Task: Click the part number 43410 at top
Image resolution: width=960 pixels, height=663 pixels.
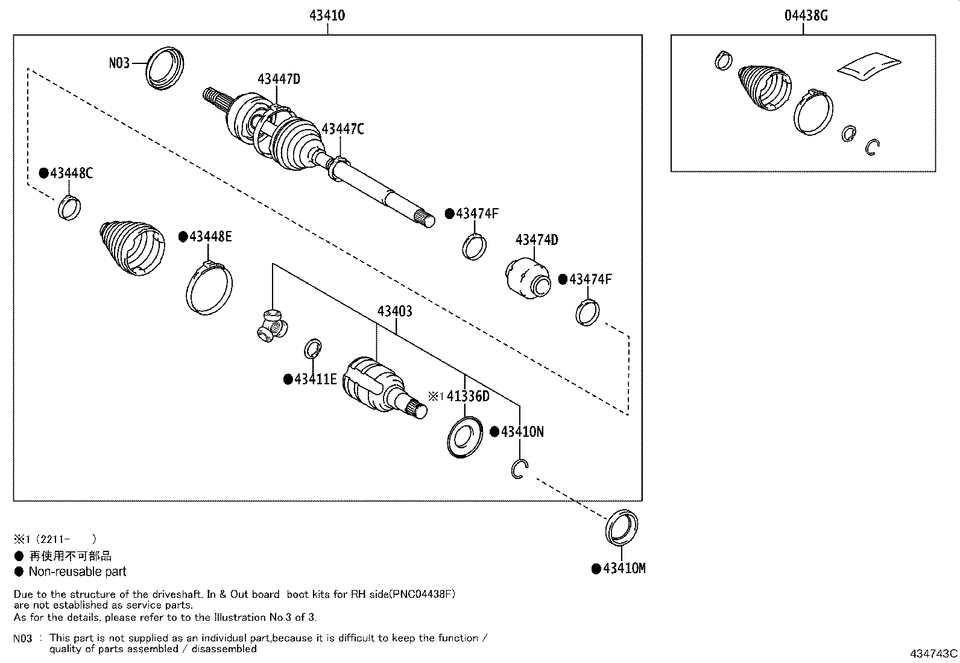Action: pyautogui.click(x=327, y=15)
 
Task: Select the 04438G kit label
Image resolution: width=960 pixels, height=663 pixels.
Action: pyautogui.click(x=805, y=15)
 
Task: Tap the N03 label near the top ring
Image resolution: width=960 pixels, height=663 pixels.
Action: pyautogui.click(x=119, y=63)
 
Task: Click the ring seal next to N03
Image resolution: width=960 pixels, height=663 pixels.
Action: pyautogui.click(x=165, y=67)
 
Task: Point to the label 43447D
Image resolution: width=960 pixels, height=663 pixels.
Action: pyautogui.click(x=279, y=78)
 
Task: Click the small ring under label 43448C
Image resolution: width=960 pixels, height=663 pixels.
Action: pyautogui.click(x=70, y=207)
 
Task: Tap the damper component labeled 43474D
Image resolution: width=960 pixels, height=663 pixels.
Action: pyautogui.click(x=526, y=278)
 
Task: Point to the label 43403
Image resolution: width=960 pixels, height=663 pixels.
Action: pyautogui.click(x=394, y=311)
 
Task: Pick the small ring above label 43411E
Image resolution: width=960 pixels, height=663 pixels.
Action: pyautogui.click(x=312, y=348)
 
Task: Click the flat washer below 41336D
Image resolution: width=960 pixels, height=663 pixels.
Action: pyautogui.click(x=465, y=436)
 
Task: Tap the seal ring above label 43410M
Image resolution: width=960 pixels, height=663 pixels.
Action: pyautogui.click(x=621, y=527)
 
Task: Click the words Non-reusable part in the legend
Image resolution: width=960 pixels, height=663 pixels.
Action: pyautogui.click(x=77, y=571)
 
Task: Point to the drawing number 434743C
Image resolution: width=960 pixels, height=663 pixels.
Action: pyautogui.click(x=933, y=653)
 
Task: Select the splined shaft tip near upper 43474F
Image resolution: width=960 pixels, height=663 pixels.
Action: pyautogui.click(x=426, y=219)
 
